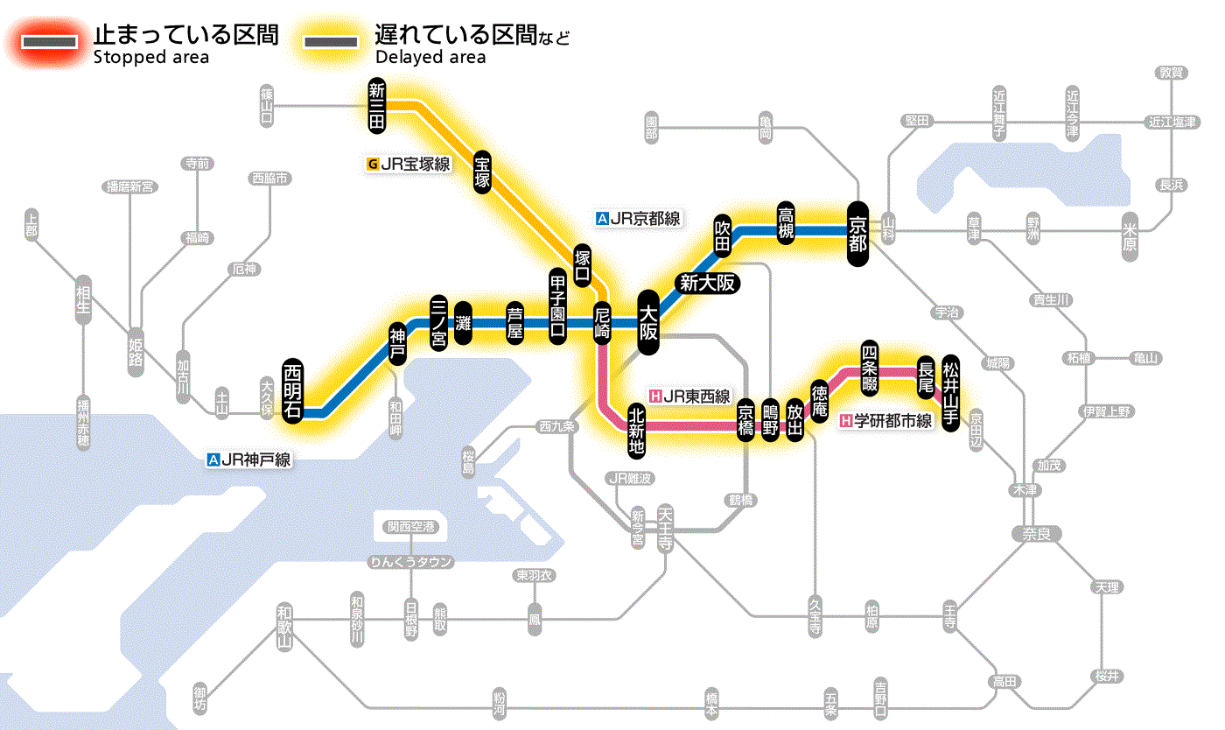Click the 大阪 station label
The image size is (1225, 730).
click(x=648, y=322)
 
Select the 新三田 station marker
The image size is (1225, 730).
click(x=377, y=106)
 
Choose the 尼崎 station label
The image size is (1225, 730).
click(x=602, y=323)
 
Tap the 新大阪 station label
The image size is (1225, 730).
click(x=706, y=283)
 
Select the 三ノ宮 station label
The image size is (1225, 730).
click(x=439, y=322)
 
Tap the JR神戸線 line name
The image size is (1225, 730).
click(x=248, y=459)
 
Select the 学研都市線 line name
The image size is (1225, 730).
click(x=885, y=421)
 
